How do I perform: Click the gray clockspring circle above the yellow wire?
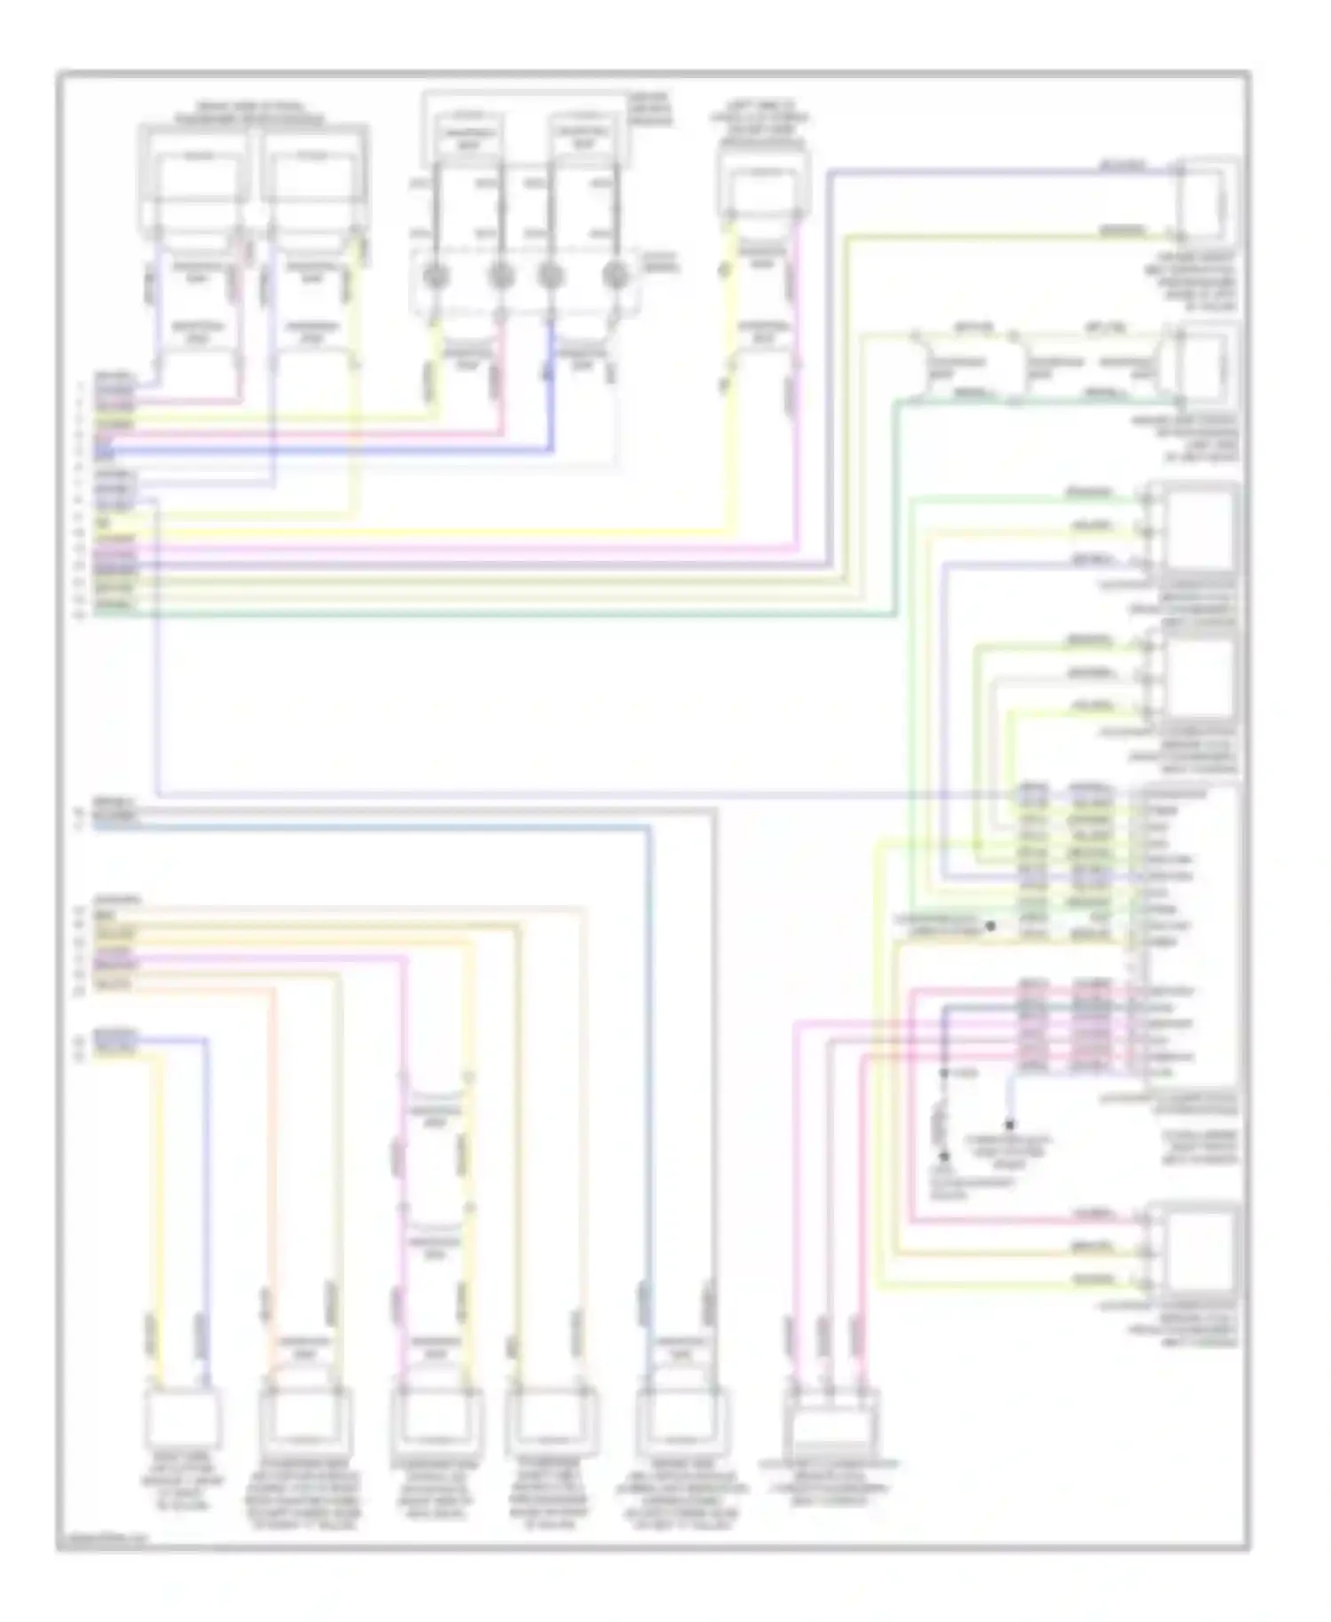click(x=435, y=276)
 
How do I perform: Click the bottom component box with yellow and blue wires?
click(x=183, y=1417)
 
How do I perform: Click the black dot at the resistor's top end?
click(x=944, y=1074)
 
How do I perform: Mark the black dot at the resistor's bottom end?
click(x=944, y=1156)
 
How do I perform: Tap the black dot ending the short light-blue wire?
click(x=1010, y=1123)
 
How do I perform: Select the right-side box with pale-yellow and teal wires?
click(x=1206, y=366)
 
